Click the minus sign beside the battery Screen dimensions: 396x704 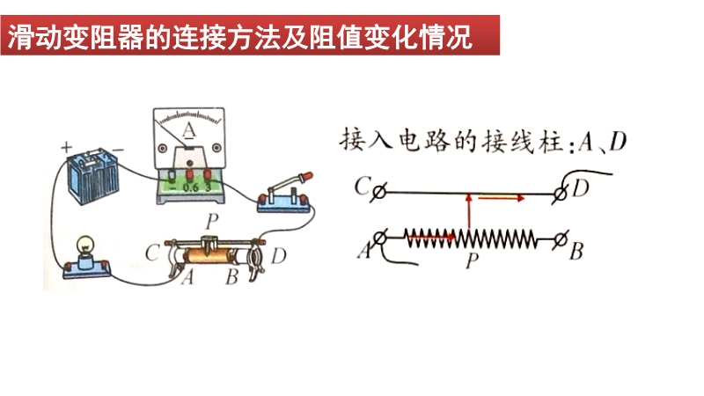[118, 150]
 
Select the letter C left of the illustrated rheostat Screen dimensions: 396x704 [151, 254]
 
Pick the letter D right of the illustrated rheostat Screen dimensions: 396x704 [278, 256]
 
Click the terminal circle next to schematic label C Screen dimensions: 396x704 [380, 189]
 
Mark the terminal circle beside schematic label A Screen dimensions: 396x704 [381, 237]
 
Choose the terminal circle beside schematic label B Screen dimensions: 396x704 [560, 237]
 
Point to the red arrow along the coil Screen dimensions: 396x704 [437, 236]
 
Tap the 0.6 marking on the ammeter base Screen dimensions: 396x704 [188, 187]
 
